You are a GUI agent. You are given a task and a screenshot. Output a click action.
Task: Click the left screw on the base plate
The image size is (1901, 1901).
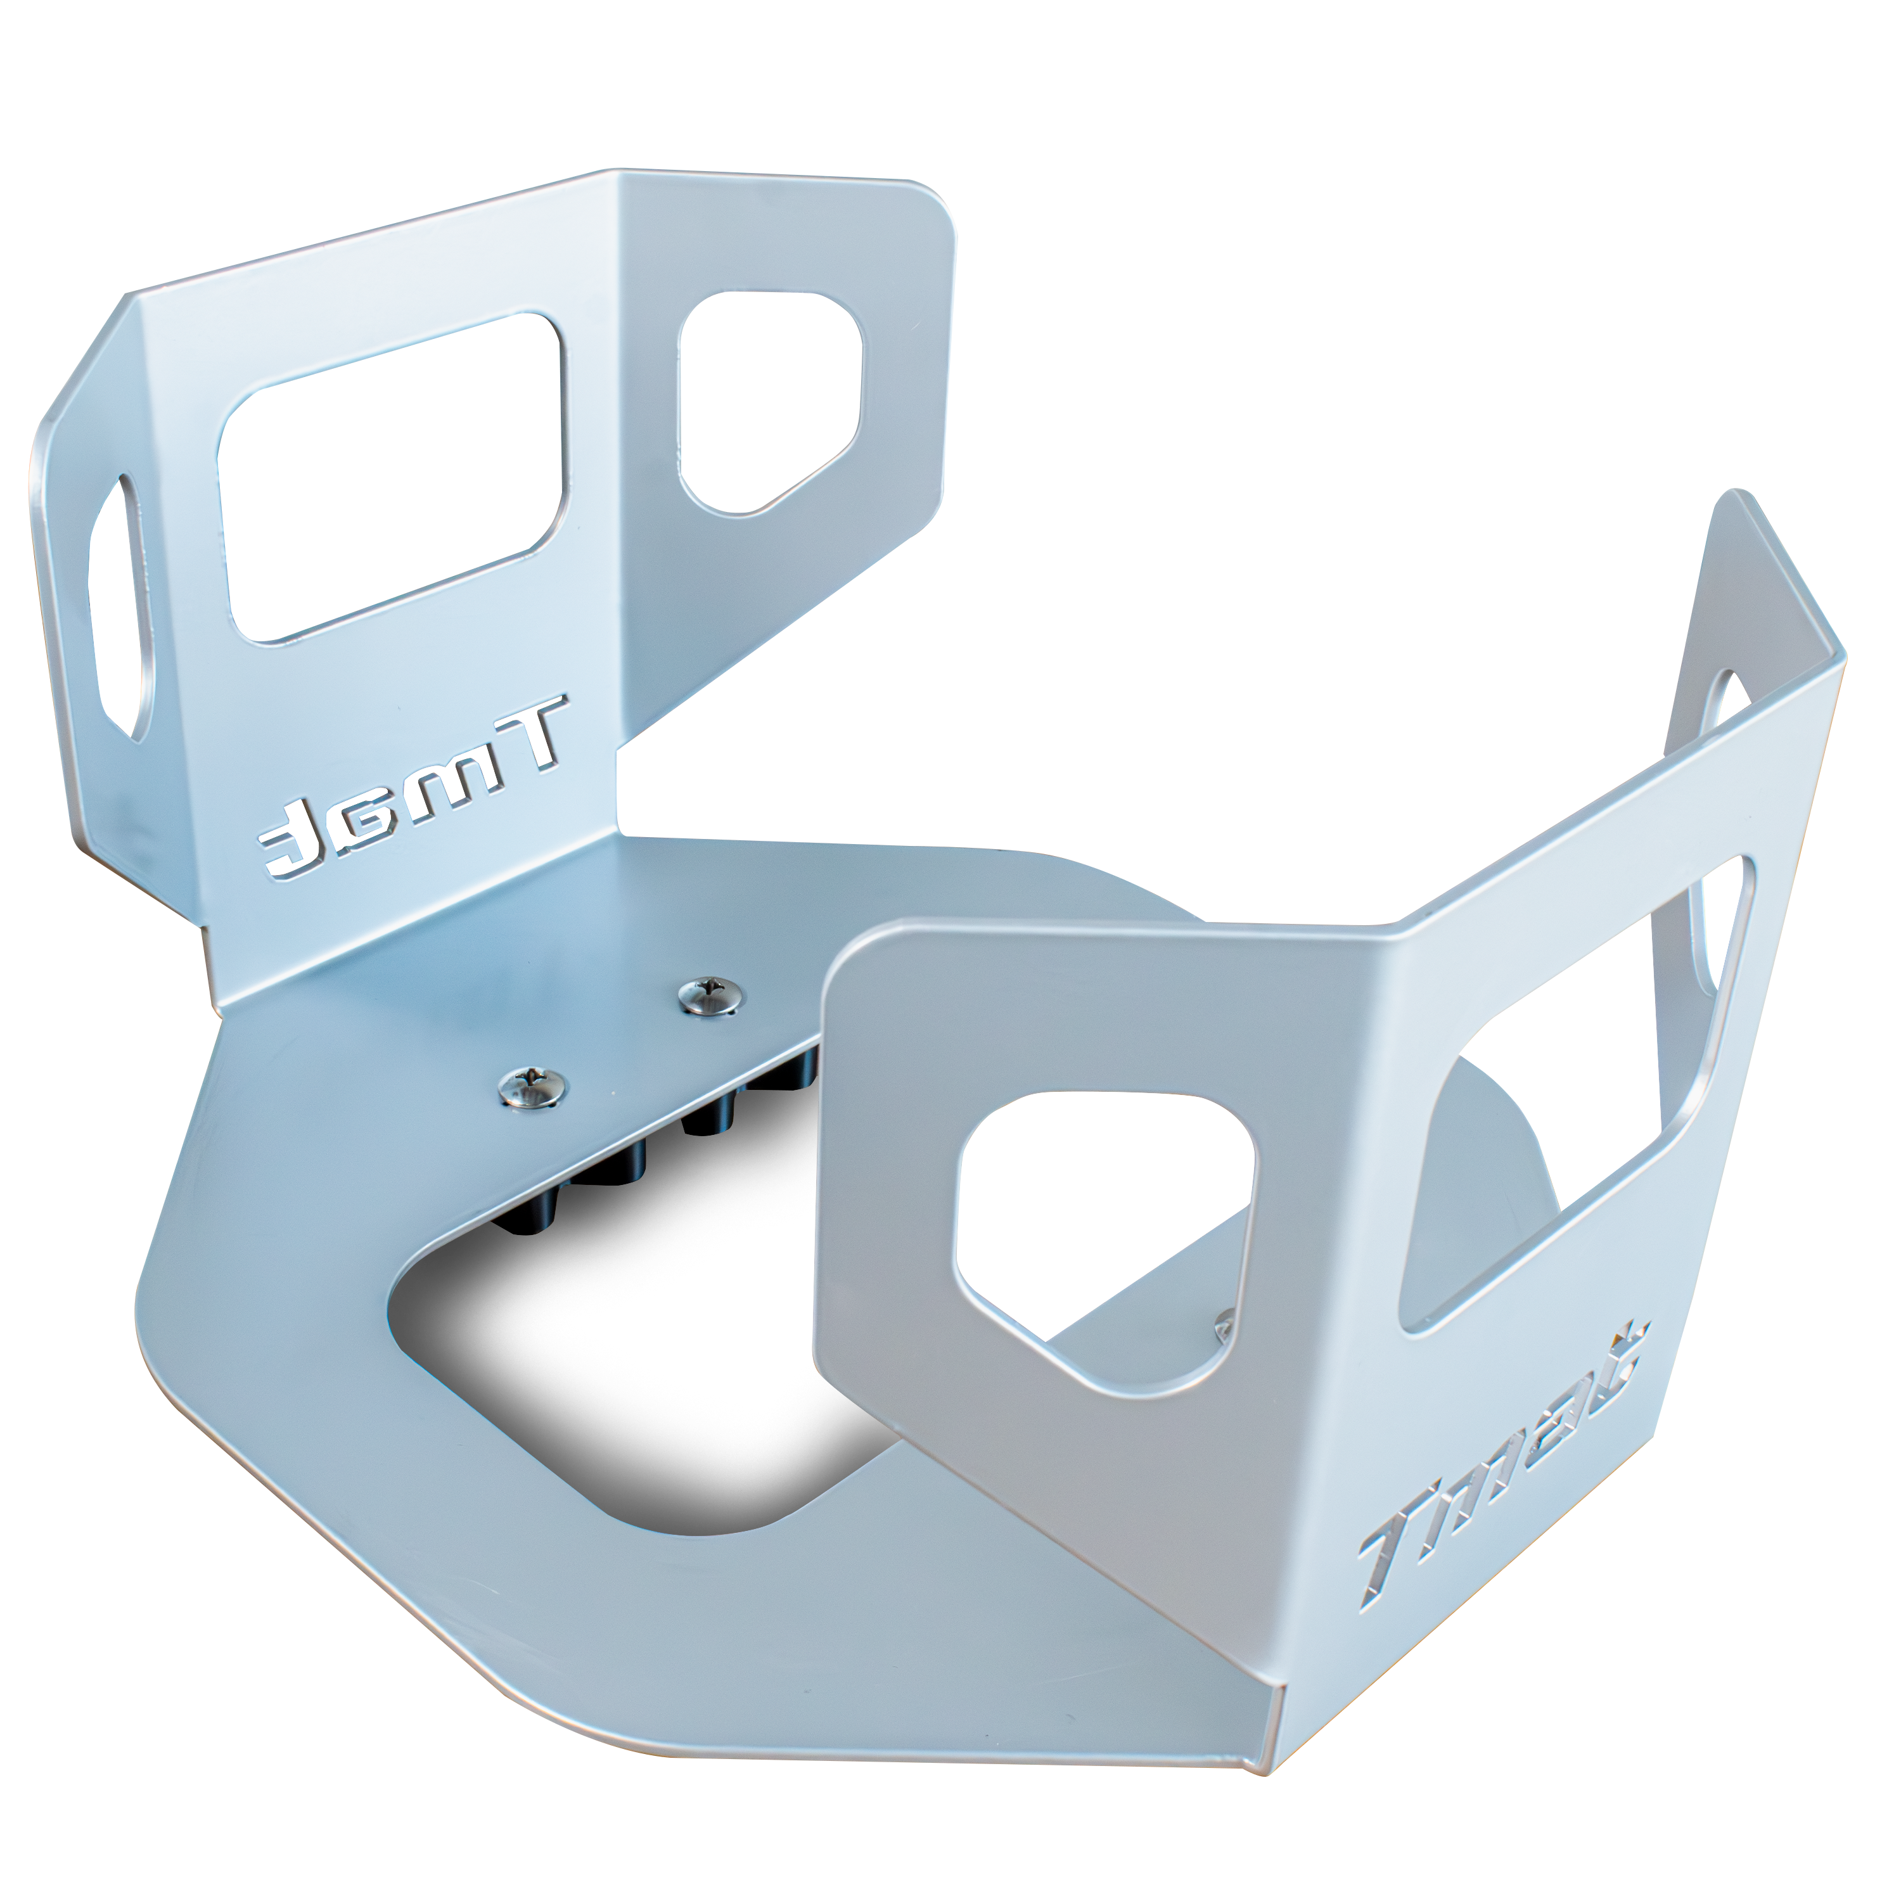tap(532, 1085)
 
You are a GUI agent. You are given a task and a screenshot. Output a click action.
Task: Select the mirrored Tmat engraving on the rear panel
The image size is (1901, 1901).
tap(413, 787)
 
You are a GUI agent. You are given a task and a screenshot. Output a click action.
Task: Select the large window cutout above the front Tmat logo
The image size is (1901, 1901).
tap(1574, 1092)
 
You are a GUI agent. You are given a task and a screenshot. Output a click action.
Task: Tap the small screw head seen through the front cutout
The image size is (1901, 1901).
tap(1225, 1324)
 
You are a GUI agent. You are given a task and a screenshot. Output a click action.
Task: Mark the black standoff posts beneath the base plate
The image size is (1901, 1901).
tap(728, 1112)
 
